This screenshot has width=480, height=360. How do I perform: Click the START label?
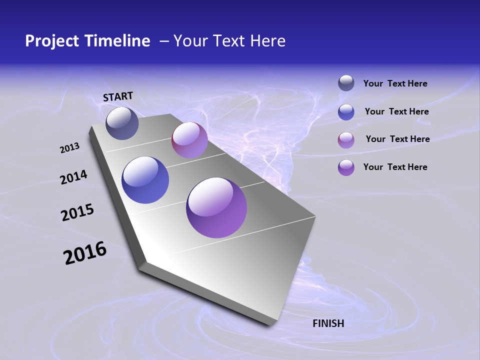click(118, 96)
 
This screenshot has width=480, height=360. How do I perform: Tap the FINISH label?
click(328, 323)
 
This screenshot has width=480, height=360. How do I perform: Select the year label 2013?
click(70, 148)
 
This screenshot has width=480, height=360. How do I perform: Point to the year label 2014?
click(74, 177)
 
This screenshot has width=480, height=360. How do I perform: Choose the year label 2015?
click(77, 213)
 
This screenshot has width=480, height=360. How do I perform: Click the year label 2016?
click(85, 253)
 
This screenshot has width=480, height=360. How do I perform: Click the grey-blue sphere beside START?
click(122, 123)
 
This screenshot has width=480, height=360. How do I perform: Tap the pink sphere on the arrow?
click(189, 140)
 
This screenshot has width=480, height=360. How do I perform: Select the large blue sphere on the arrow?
click(145, 180)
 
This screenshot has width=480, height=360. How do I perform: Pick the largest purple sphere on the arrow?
click(216, 207)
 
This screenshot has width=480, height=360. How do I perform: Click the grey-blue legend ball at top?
click(346, 83)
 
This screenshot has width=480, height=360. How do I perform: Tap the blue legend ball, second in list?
click(346, 111)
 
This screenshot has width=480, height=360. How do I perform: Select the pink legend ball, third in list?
click(346, 139)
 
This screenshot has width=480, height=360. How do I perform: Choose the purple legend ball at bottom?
click(346, 167)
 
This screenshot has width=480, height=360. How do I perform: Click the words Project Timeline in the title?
click(87, 41)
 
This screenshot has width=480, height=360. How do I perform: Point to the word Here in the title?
click(267, 41)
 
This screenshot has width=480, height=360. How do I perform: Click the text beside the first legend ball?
click(395, 83)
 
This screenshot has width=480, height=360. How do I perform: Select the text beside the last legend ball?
click(395, 167)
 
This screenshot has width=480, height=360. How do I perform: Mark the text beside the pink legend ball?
click(397, 139)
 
